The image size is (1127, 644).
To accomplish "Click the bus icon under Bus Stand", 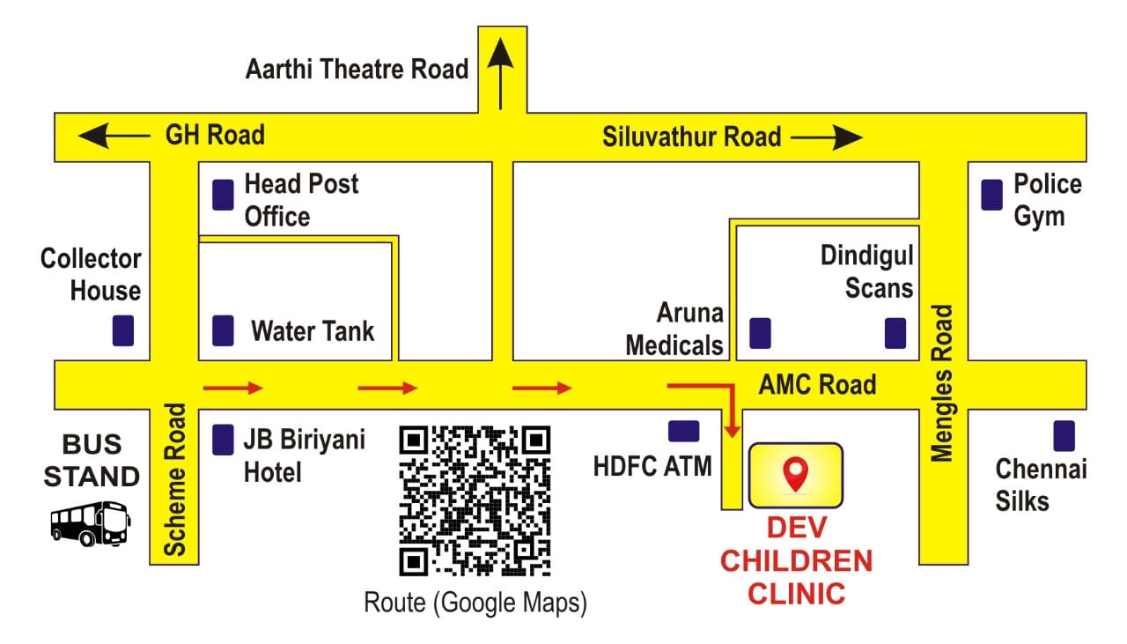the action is tap(91, 523).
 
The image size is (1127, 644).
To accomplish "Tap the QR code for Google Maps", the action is tap(475, 500).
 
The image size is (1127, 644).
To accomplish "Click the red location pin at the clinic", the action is tap(795, 474).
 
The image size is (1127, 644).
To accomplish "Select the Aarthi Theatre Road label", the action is tap(357, 69).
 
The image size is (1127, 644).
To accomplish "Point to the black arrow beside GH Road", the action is tap(114, 136).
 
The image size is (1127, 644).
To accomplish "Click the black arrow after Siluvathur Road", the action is tap(827, 137).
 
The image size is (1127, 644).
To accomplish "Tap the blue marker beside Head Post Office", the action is tap(223, 195).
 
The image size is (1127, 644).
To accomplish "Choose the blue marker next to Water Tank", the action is tap(223, 330).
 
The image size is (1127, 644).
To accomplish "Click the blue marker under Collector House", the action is tap(123, 330).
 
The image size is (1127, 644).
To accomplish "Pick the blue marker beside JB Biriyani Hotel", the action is tap(223, 440).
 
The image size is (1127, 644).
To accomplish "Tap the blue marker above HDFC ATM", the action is tap(684, 431).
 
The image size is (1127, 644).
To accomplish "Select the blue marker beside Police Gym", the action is tap(991, 195).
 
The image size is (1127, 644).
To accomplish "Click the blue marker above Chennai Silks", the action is tap(1064, 435).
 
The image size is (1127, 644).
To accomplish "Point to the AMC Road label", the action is tap(817, 384).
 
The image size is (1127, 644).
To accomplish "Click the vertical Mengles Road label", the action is tap(941, 383).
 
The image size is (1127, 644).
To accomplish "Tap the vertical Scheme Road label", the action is tap(174, 479).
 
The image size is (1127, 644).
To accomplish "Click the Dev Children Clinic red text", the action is tap(796, 561).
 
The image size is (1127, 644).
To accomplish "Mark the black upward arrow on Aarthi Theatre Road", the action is tap(501, 73).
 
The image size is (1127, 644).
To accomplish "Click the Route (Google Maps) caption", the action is tap(475, 603).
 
